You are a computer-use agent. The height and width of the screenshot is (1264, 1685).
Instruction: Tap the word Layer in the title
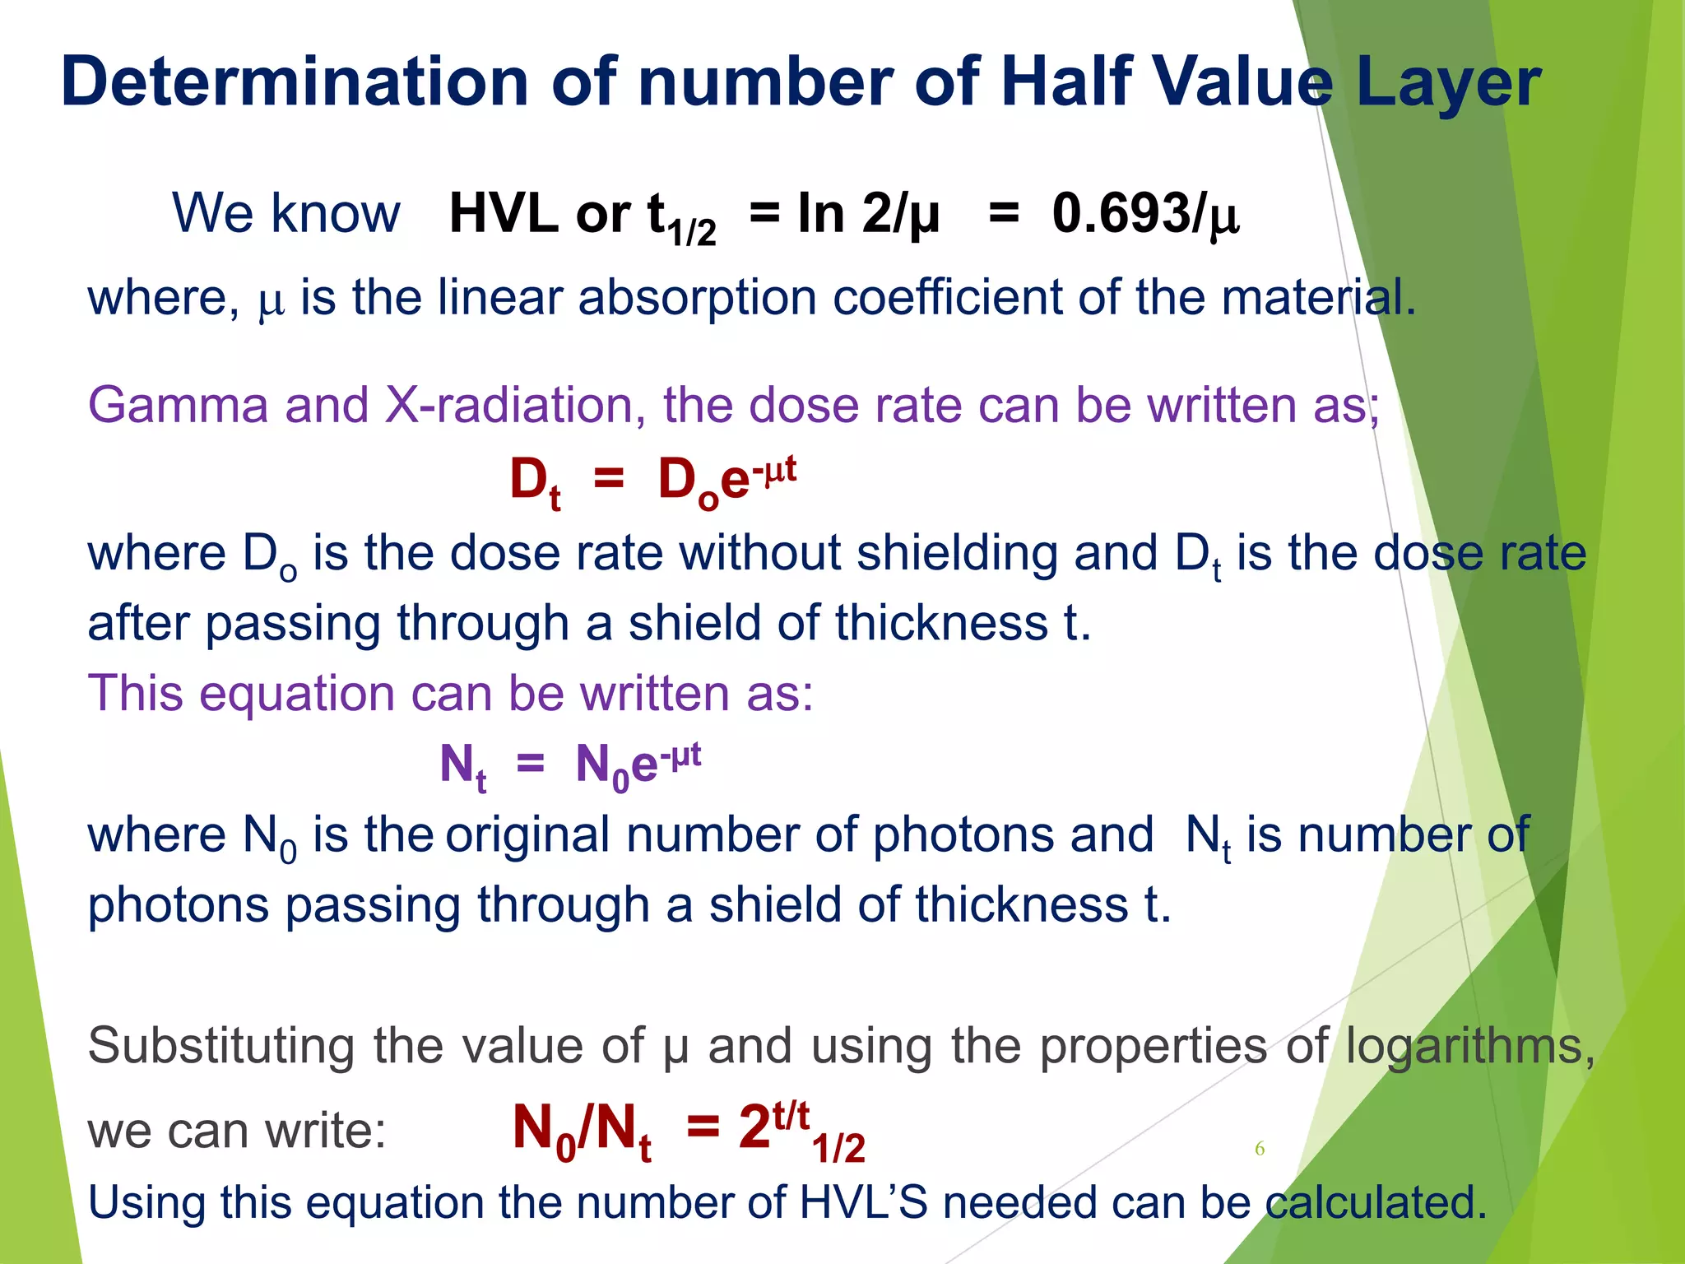click(x=1448, y=82)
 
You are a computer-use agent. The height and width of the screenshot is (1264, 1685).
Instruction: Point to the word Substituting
click(x=222, y=1047)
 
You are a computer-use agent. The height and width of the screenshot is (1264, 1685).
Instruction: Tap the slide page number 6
click(x=1259, y=1149)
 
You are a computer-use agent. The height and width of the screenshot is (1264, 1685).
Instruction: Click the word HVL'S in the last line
click(x=863, y=1202)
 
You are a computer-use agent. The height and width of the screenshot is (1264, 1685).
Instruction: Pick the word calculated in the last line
click(x=1376, y=1202)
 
